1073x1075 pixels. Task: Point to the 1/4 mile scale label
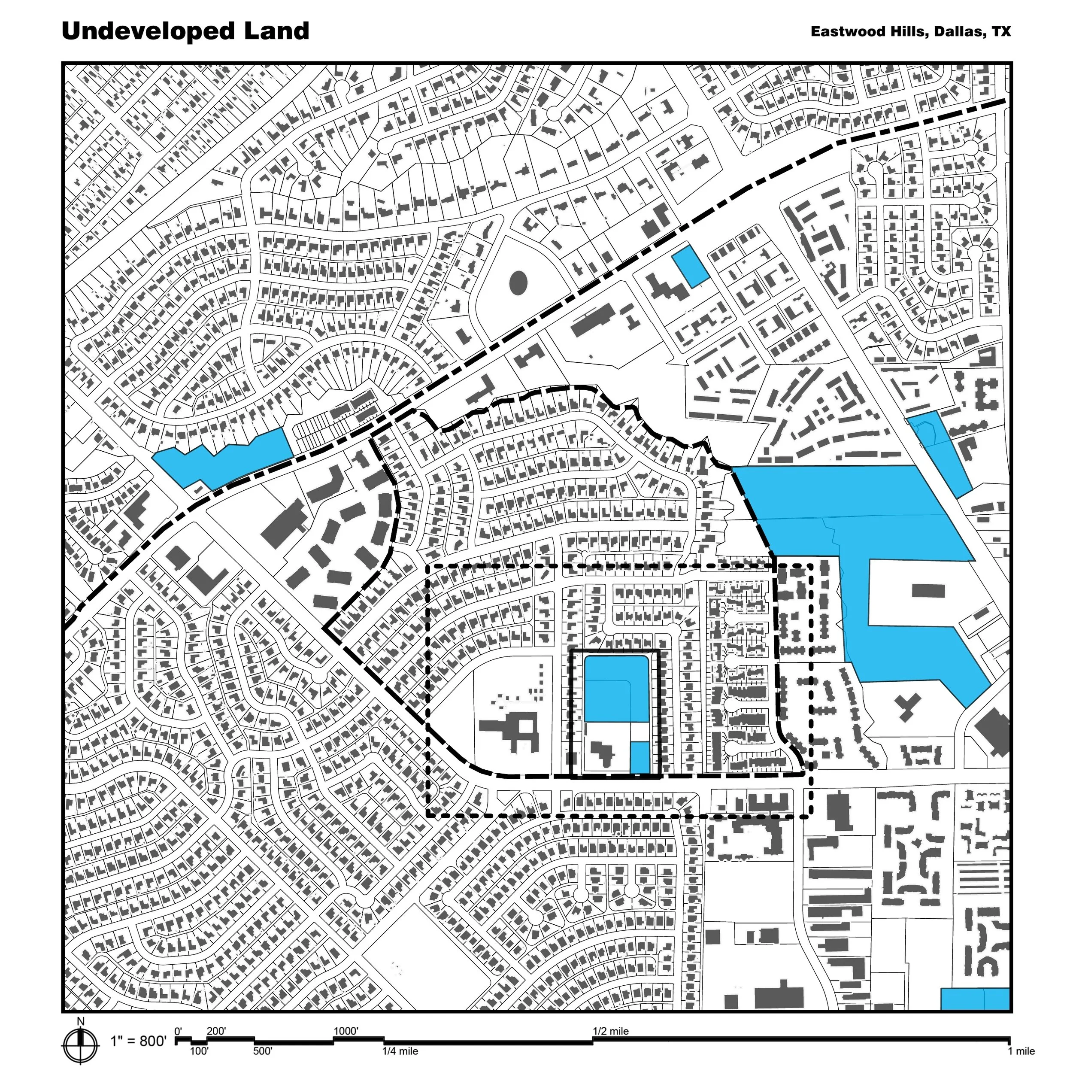tap(400, 1051)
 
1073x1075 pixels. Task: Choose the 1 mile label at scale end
tap(1021, 1051)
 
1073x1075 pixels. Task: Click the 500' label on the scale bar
tap(263, 1051)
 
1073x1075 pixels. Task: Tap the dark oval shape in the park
tap(518, 282)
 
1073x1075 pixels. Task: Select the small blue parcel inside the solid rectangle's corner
tap(640, 757)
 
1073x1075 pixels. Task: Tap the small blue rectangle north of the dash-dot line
tap(690, 267)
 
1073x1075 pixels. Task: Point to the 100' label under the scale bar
tap(199, 1051)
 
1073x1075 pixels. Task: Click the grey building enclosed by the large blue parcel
tap(928, 590)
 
